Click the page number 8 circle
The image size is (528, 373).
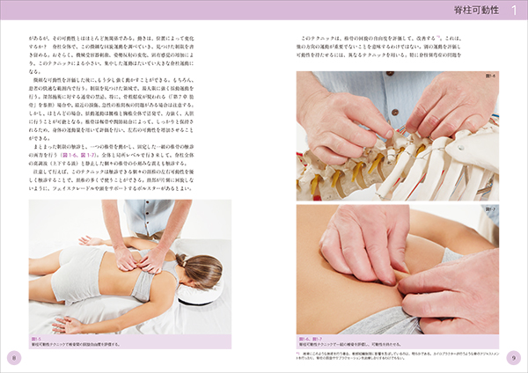tap(13, 356)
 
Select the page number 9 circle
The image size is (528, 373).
tap(514, 356)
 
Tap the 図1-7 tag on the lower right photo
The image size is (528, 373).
tap(489, 209)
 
